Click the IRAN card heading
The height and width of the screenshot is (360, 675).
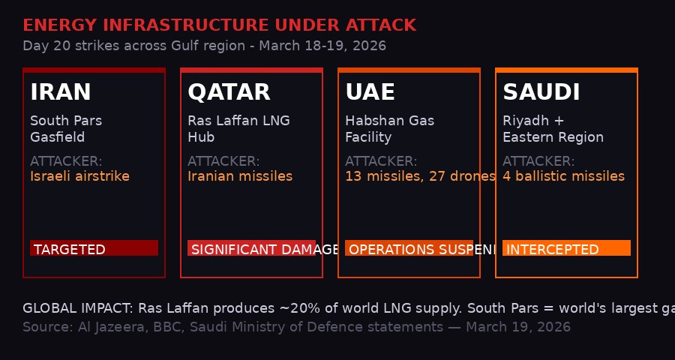(61, 92)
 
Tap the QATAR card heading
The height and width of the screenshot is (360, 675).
(229, 92)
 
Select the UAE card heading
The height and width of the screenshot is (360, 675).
(370, 92)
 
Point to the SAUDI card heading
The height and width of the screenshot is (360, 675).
(541, 92)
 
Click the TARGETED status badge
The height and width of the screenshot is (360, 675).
(94, 248)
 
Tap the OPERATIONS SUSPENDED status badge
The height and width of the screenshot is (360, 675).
(409, 248)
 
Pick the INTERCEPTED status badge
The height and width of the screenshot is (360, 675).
(566, 248)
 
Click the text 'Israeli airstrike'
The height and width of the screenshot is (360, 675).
(79, 176)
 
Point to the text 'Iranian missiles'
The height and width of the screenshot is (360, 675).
(240, 176)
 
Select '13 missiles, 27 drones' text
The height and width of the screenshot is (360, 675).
(420, 176)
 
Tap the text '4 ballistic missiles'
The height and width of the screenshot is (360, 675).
(563, 176)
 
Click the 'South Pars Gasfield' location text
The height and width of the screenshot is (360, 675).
(66, 129)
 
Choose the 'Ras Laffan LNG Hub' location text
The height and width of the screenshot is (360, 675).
(238, 129)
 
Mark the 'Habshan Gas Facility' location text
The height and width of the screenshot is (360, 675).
(389, 129)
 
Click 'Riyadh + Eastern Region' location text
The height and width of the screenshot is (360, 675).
(553, 129)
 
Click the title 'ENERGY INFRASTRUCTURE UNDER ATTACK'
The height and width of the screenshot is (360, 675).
(219, 25)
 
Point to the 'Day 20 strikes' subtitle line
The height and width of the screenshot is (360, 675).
(204, 46)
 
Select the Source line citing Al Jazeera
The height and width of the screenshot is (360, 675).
(296, 327)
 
